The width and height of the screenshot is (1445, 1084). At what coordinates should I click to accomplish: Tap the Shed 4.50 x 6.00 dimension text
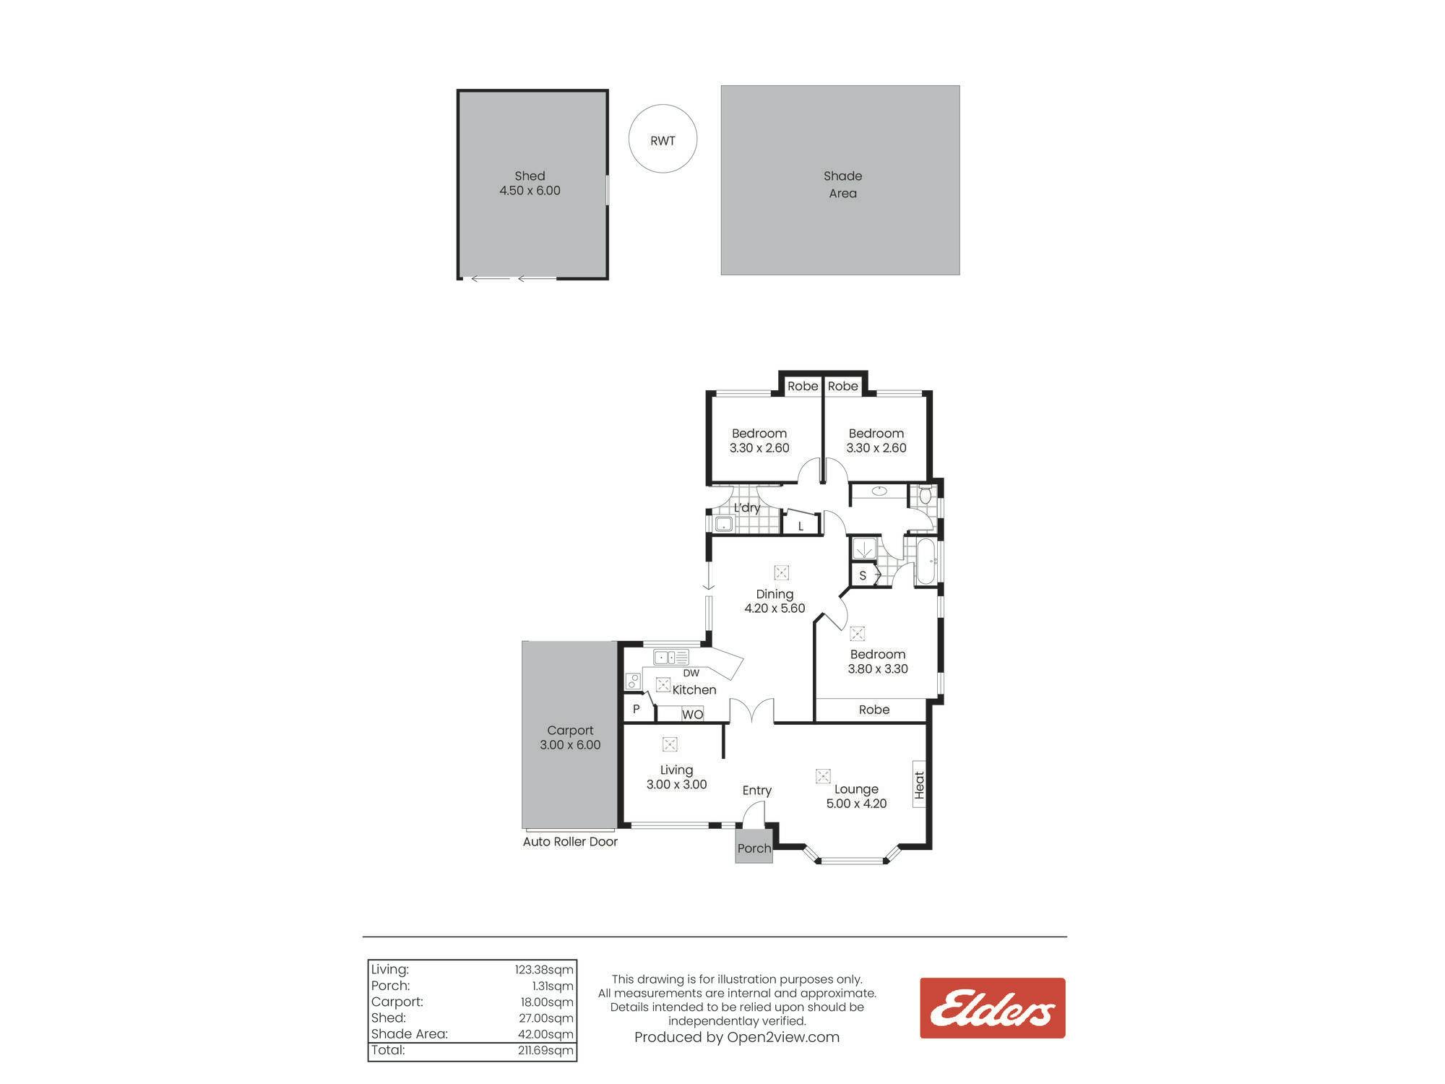click(x=530, y=191)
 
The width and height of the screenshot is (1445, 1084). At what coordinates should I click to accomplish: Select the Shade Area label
click(x=842, y=184)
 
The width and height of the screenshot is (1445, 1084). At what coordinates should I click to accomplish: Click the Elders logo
click(x=992, y=1008)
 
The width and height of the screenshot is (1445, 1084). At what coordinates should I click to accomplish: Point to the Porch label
click(x=754, y=848)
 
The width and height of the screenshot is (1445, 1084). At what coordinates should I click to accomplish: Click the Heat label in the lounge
click(x=919, y=785)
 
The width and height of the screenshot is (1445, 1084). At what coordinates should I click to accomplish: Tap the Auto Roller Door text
click(x=570, y=842)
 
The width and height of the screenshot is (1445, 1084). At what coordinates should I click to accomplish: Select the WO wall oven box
click(x=692, y=714)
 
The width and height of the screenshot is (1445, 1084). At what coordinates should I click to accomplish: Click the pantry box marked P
click(x=637, y=709)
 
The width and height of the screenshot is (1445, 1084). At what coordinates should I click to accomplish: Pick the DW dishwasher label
click(x=691, y=673)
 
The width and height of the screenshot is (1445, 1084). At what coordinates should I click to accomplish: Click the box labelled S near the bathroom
click(x=863, y=576)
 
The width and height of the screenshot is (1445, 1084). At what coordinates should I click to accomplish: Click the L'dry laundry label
click(x=747, y=508)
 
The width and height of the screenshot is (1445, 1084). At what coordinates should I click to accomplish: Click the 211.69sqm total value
click(x=545, y=1051)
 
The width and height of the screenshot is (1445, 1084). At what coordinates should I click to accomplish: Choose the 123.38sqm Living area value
click(x=544, y=970)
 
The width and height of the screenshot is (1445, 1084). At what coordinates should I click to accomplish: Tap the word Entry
click(x=757, y=791)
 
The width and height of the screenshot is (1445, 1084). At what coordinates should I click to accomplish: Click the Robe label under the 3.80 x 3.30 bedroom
click(x=874, y=710)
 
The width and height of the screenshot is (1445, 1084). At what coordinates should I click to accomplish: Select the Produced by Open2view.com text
click(x=737, y=1038)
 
